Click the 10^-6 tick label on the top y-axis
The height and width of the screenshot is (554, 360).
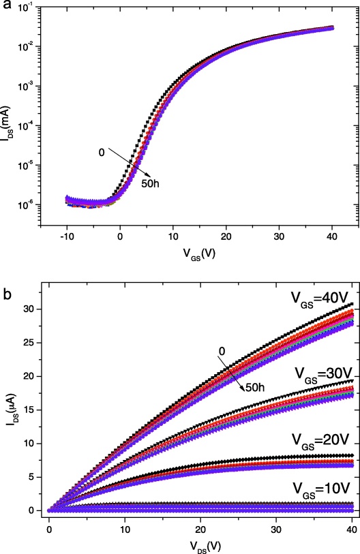(x=31, y=205)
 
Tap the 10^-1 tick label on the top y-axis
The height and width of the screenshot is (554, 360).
(x=31, y=8)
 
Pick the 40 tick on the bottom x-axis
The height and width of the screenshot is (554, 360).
(x=350, y=511)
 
